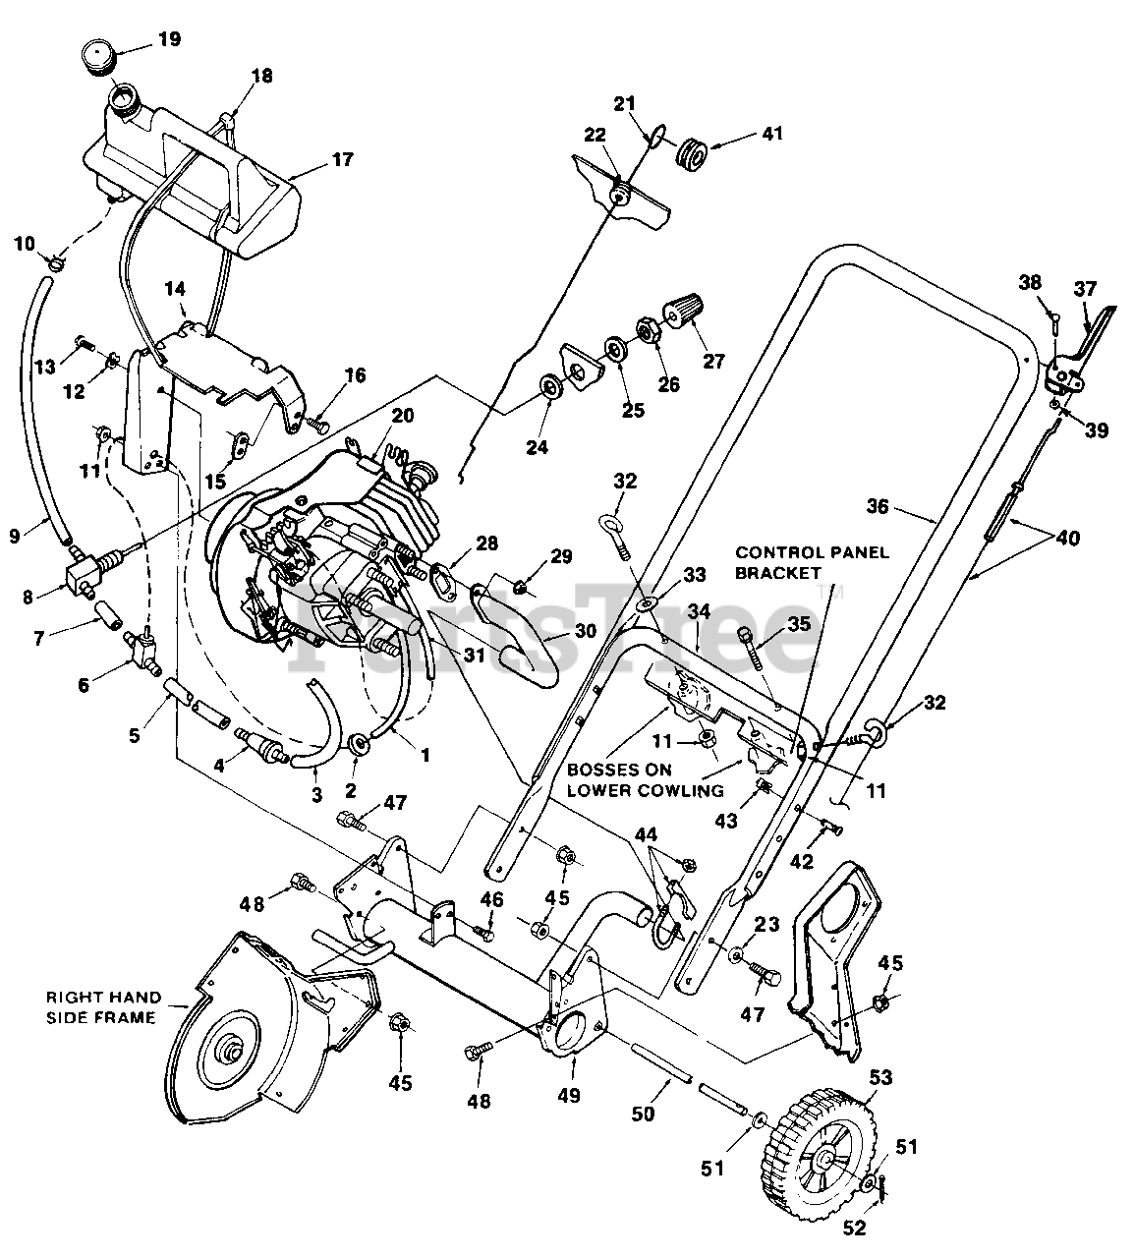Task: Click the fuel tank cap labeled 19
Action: (99, 58)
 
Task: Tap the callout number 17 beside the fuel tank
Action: (342, 159)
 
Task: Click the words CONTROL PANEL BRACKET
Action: (812, 562)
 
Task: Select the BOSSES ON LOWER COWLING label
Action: (646, 780)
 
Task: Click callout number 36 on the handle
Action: (878, 506)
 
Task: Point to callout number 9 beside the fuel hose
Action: (15, 536)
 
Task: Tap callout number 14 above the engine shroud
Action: (175, 289)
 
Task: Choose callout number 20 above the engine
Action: (403, 415)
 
